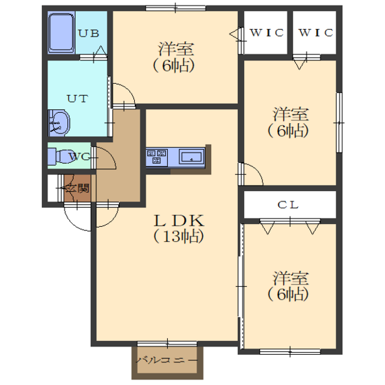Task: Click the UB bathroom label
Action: click(89, 33)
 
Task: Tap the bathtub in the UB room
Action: click(61, 32)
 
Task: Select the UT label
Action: click(77, 99)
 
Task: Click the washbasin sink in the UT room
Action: click(59, 123)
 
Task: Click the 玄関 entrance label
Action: click(77, 188)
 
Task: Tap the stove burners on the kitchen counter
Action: click(157, 157)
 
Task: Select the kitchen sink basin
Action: click(192, 157)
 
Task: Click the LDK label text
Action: click(179, 221)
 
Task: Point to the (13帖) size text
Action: click(179, 236)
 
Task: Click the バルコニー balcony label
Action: click(166, 360)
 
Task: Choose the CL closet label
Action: click(288, 205)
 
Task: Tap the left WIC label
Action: click(267, 32)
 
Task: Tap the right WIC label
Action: click(316, 32)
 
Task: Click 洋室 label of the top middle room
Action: click(176, 49)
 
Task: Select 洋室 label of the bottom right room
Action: click(290, 278)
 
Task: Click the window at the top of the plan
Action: click(175, 8)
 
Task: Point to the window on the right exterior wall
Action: click(339, 122)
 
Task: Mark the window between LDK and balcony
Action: click(167, 344)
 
